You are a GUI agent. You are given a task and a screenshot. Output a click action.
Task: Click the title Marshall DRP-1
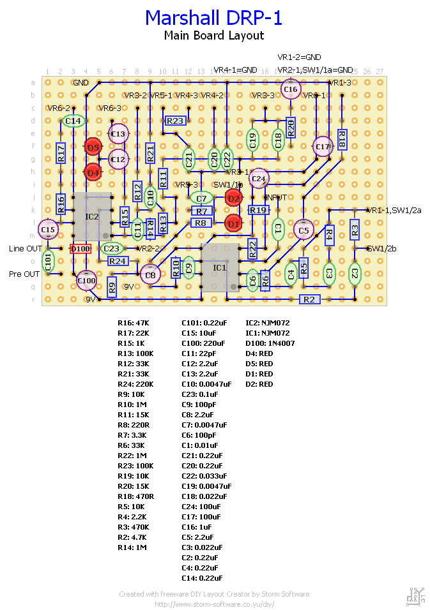coord(213,18)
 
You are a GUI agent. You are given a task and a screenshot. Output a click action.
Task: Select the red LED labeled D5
coord(93,147)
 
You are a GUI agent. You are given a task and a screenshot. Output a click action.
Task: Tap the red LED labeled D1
coord(233,223)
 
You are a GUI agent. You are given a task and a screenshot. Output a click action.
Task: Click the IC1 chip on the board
coord(219,267)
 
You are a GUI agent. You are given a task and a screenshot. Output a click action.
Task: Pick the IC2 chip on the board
coord(91,216)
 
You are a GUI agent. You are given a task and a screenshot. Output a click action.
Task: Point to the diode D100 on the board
coord(81,248)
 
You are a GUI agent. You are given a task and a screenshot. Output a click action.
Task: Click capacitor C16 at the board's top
coord(291,90)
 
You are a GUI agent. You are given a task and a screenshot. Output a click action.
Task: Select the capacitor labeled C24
coord(259,179)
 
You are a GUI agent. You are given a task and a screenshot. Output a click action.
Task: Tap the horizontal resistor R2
coord(309,299)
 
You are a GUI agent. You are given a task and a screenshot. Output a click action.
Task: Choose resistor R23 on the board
coord(174,121)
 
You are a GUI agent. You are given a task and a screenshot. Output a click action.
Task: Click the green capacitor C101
coord(48,260)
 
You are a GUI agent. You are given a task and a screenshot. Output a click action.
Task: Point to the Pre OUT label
coord(24,274)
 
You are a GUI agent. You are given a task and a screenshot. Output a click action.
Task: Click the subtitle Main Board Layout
coord(213,36)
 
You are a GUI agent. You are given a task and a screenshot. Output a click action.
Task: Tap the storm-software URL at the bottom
coord(214,604)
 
